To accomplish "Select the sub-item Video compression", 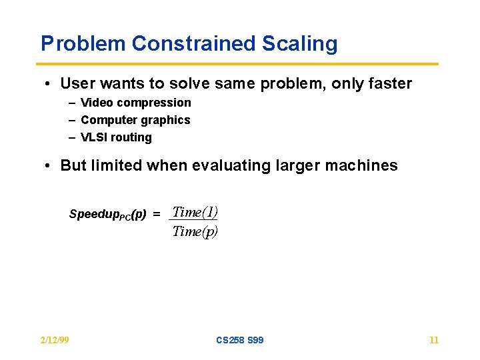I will [x=135, y=103].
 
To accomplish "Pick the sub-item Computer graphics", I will [x=135, y=120].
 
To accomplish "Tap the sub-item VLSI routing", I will [x=116, y=137].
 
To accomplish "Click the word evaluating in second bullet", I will [x=223, y=165].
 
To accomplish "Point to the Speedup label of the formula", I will [x=107, y=215].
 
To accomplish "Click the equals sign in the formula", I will [x=157, y=215].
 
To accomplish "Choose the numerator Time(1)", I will [x=195, y=212].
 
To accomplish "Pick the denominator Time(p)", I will [x=195, y=231].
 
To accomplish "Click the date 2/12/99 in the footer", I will [x=55, y=340].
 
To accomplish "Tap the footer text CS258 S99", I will [x=239, y=340].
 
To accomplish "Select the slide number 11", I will [x=434, y=340].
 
